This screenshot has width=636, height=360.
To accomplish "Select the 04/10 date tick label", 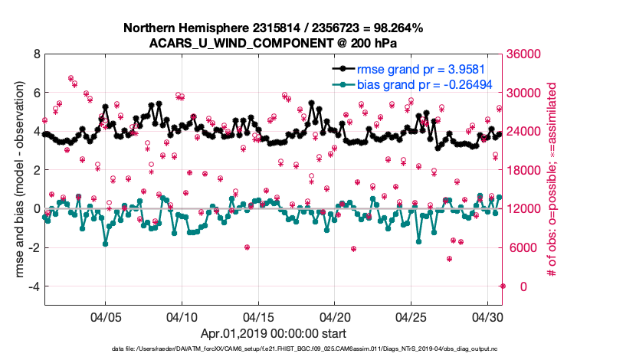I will (182, 316).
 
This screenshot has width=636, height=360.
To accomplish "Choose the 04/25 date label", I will (411, 316).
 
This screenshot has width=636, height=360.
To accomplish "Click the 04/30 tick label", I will (487, 316).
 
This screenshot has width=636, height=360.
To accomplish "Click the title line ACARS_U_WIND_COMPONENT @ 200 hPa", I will (273, 42).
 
